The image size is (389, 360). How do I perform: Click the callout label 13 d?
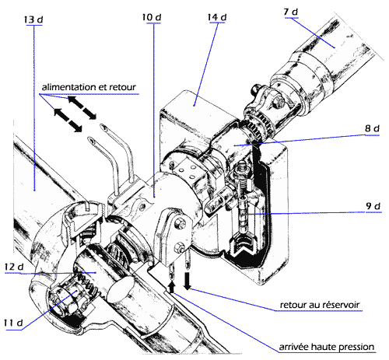(x=33, y=19)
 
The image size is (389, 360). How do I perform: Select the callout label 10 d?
(x=152, y=17)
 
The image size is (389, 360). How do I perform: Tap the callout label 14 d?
(x=217, y=17)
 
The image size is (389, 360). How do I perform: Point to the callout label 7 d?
(x=291, y=12)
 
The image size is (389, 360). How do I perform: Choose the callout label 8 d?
(x=372, y=128)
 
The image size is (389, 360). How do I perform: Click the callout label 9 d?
(x=373, y=206)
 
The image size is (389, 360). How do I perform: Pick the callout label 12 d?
(x=14, y=267)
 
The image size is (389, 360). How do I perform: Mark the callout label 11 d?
(x=13, y=323)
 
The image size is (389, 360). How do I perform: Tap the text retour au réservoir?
(x=320, y=305)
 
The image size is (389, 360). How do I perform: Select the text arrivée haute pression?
(x=327, y=347)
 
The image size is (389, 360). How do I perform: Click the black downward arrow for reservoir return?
(x=187, y=281)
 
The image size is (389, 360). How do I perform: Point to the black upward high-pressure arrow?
(x=172, y=288)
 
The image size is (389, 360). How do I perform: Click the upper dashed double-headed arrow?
(x=82, y=108)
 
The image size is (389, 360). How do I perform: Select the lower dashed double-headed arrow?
(x=68, y=120)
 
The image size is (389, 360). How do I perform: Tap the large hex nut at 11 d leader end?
(x=65, y=302)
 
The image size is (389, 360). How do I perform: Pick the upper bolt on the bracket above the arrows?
(x=180, y=223)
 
